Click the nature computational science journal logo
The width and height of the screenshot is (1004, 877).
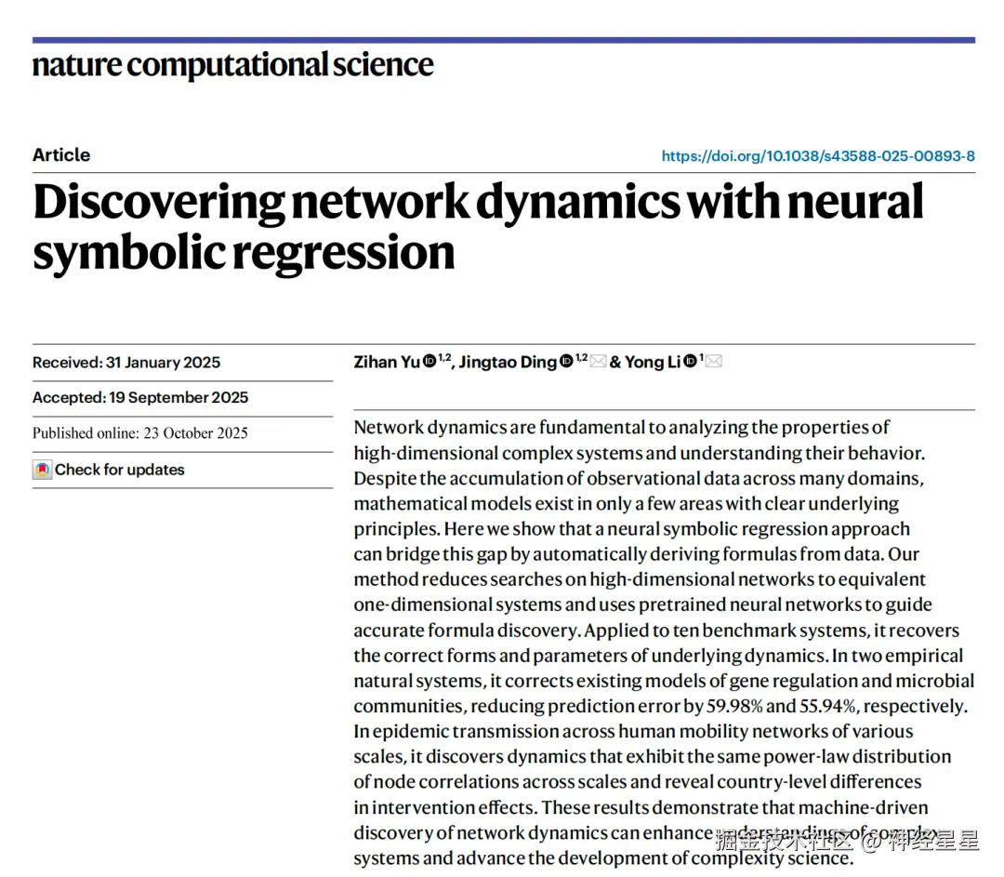232,65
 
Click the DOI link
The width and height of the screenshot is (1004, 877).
818,156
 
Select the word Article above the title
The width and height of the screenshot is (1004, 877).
61,155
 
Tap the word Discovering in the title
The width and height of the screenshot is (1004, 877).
158,204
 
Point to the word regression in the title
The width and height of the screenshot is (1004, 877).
354,252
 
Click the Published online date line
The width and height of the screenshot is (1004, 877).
140,433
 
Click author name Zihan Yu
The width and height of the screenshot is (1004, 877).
387,363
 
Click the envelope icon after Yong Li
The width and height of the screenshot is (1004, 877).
714,362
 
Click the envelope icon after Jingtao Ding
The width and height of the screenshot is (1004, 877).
598,362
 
